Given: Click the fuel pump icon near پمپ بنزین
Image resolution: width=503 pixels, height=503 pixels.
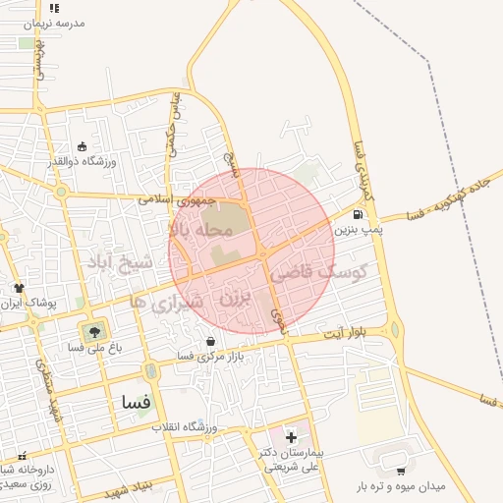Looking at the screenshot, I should coord(357,215).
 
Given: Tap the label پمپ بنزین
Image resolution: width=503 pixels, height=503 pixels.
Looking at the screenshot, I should coord(356,230).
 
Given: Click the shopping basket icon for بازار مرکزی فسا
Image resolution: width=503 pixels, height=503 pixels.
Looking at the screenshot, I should coord(210,341).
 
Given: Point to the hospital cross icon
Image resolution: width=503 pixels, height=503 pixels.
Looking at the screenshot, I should coord(291,436).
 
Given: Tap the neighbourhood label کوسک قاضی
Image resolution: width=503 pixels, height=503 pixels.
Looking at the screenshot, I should coord(330,271).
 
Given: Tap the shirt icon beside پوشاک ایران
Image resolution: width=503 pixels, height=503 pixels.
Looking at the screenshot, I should coord(19,288).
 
